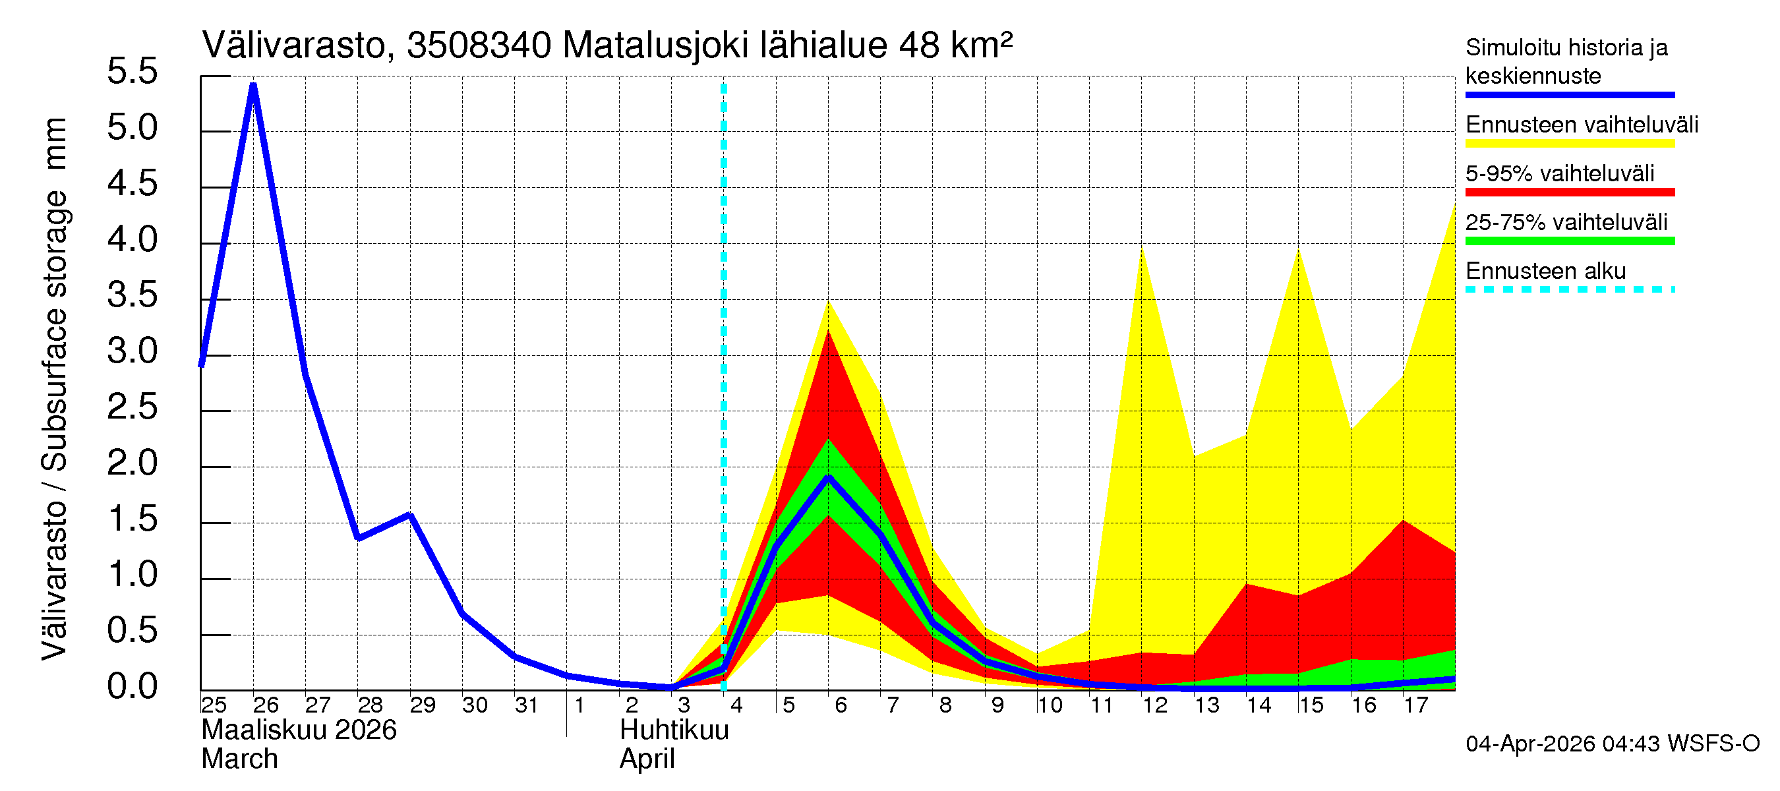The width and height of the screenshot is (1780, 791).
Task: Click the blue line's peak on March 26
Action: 254,85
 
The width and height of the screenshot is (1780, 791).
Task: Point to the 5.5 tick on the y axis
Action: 132,72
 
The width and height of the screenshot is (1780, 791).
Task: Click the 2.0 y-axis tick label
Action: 132,463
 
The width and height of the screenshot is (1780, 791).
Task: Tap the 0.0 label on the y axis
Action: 132,688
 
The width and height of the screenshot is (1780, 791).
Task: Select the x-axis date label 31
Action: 527,705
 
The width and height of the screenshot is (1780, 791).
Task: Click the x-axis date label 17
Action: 1416,705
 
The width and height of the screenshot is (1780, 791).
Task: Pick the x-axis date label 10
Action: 1050,705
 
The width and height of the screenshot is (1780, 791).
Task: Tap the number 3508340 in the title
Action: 479,45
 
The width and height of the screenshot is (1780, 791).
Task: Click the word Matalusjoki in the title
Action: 655,45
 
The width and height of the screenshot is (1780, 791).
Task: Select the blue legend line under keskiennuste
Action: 1569,95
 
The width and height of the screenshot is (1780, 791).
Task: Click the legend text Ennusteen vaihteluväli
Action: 1581,125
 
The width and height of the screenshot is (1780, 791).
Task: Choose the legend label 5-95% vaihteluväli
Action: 1559,173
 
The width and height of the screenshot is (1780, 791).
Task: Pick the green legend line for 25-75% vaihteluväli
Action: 1569,241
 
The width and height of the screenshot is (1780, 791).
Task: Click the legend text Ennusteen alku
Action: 1545,271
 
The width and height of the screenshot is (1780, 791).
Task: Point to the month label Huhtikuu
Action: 674,730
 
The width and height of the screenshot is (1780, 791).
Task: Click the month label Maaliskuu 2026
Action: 299,730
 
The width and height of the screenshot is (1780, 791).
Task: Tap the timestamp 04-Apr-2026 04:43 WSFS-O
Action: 1612,744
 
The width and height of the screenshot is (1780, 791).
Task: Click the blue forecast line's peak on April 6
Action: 828,477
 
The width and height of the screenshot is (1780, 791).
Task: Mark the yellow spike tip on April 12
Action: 1142,247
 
